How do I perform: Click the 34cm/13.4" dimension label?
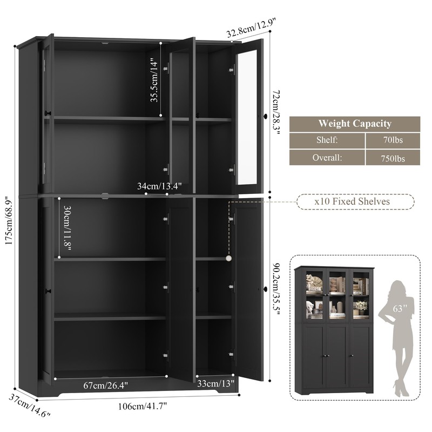point(159,186)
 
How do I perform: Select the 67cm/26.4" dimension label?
point(106,385)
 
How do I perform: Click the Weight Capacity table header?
point(354,124)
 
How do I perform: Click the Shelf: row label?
point(327,140)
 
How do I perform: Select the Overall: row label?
point(327,158)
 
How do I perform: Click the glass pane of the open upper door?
point(247,116)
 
